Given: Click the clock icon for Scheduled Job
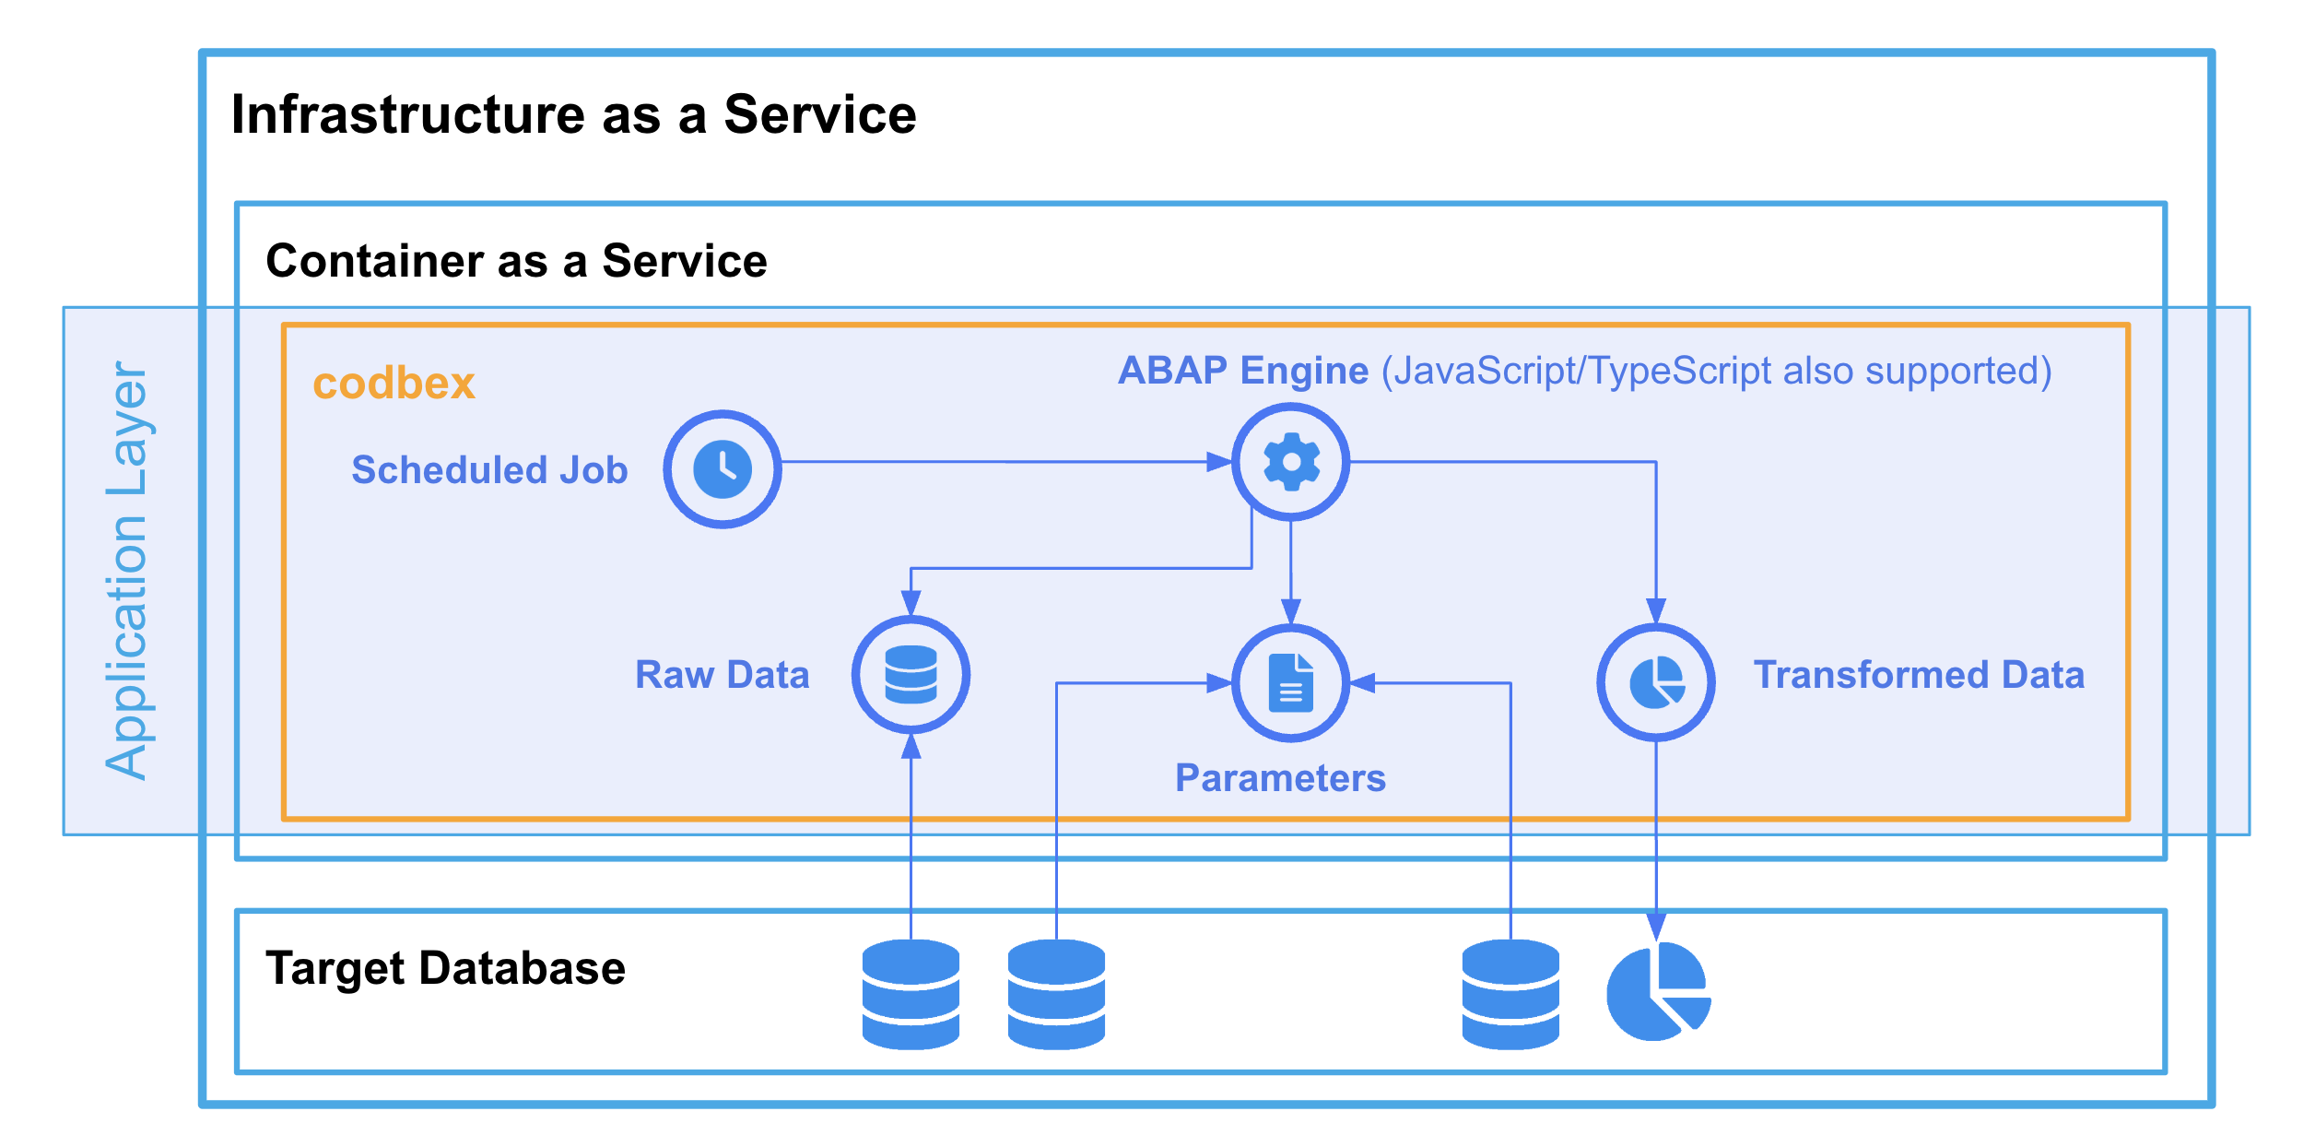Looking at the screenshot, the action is coord(723,469).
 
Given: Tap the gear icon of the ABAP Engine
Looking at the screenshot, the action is coord(1291,462).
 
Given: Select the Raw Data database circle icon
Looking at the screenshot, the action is coord(911,675).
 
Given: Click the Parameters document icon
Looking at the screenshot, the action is coord(1291,683).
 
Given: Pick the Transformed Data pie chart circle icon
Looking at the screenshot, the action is coord(1656,682).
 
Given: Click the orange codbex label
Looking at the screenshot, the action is coord(394,384).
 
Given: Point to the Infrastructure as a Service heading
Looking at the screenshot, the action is coord(573,114).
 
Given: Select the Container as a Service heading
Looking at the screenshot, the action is coord(516,261).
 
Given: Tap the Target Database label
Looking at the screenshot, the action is coord(446,969).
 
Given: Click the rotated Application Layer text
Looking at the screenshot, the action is coord(127,571).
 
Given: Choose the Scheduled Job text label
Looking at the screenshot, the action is coord(489,470).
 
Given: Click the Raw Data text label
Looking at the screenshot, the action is coord(723,675).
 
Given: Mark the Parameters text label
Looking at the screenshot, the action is coord(1280,778).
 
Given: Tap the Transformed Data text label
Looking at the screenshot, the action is coord(1919,675).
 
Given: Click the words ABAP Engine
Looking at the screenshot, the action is coord(1243,371).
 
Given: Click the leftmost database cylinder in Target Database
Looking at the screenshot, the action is coord(911,995).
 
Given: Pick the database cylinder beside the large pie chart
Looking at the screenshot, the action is coord(1510,995).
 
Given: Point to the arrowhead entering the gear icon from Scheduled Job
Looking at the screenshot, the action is coord(1219,462).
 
